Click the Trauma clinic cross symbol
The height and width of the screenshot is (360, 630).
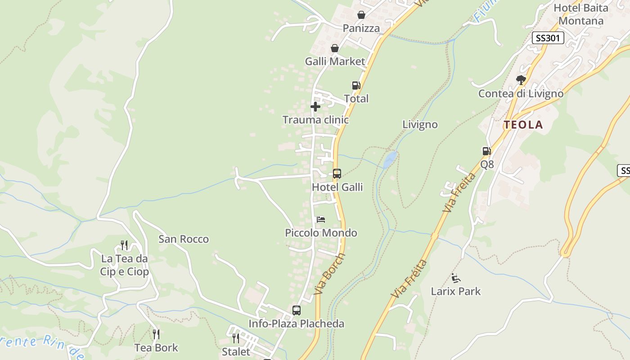[x=315, y=107]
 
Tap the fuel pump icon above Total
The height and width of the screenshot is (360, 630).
[x=356, y=85]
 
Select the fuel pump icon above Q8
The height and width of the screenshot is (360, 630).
[x=486, y=151]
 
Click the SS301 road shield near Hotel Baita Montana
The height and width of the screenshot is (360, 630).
[x=548, y=38]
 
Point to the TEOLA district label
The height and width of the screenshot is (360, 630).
[x=523, y=125]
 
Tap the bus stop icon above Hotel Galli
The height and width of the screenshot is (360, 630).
[x=337, y=173]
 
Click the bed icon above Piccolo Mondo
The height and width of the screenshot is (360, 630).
[x=321, y=220]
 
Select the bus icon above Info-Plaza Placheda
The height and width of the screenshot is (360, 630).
[x=296, y=310]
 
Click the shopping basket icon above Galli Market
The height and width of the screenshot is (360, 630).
[x=335, y=48]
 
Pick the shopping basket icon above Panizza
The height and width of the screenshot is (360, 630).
[x=361, y=15]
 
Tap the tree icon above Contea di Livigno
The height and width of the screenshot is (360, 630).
[x=521, y=80]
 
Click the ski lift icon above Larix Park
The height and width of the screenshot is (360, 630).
[x=456, y=278]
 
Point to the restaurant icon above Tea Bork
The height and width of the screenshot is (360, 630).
[x=156, y=334]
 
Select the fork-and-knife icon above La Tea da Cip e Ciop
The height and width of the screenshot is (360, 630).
[x=124, y=245]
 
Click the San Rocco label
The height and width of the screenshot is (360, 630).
[x=184, y=239]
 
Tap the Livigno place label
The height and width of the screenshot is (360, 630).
[x=420, y=125]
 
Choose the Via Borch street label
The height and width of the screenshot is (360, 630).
[x=330, y=274]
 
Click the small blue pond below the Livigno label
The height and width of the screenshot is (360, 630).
[x=390, y=158]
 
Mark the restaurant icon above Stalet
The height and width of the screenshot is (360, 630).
[x=236, y=338]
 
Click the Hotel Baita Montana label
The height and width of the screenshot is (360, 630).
[x=580, y=14]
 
